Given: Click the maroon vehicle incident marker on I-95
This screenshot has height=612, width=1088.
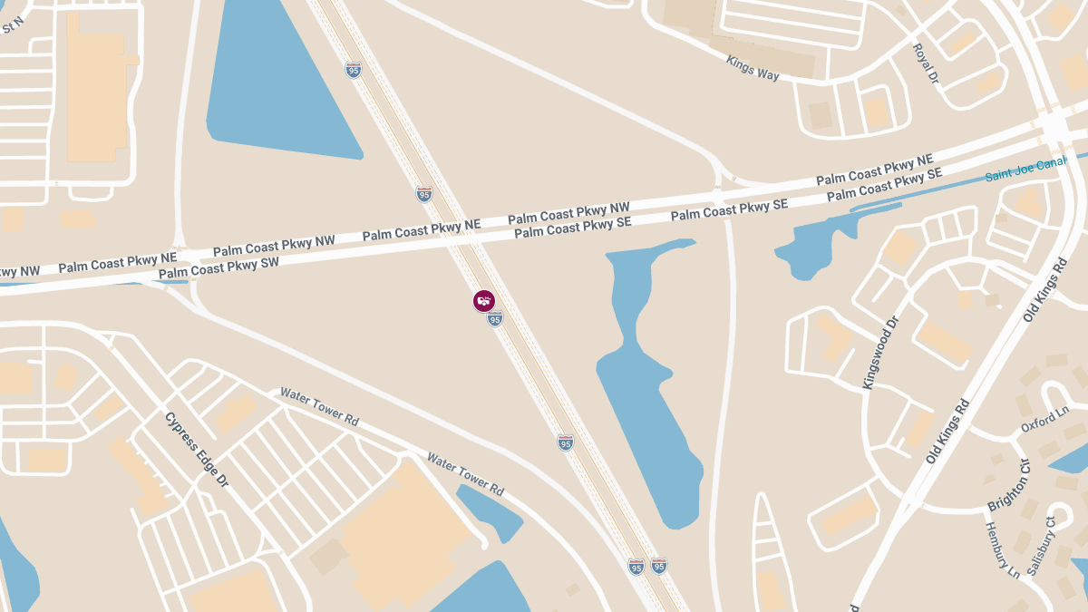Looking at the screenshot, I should coord(484,300).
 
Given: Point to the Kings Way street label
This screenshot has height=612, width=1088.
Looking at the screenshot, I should coord(753,67).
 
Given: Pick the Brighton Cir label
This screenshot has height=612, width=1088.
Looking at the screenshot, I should coord(1009,485).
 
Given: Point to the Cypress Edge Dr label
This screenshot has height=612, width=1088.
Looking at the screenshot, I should coord(197,450).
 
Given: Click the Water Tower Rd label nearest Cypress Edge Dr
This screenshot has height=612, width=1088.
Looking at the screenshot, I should coord(319,407).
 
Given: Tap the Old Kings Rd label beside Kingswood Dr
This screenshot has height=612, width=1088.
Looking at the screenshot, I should coord(948,431).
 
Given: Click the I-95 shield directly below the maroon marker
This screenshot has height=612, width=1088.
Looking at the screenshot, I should coord(494,319).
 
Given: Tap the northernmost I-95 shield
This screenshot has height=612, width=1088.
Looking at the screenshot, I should coord(353,70).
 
